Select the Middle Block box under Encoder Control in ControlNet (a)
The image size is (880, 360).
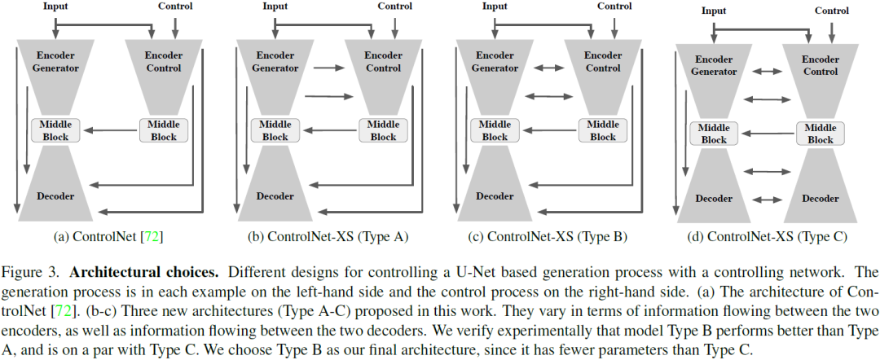pos(164,130)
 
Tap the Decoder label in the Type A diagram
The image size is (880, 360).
pos(275,196)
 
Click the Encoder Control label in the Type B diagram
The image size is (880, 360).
pos(604,62)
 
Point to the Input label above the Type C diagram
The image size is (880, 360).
pos(714,11)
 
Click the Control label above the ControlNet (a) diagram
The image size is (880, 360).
pos(174,7)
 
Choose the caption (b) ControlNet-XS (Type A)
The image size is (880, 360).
pos(328,237)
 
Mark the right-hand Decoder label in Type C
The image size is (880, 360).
pos(821,199)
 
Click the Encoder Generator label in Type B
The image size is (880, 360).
pos(495,62)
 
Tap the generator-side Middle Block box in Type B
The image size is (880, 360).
pos(495,130)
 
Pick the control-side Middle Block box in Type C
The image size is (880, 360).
pos(821,134)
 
